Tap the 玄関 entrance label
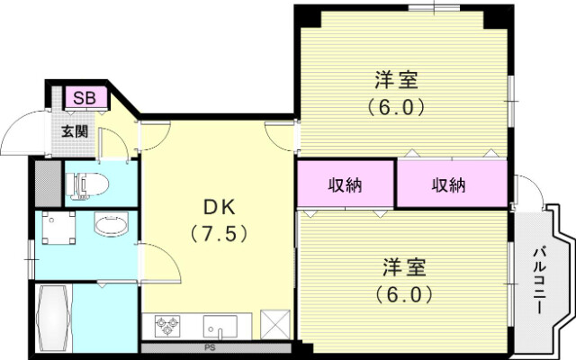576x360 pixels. pos(75,130)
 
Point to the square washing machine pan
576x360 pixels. pos(60,230)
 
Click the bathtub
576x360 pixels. pos(53,317)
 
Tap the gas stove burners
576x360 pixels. pos(169,324)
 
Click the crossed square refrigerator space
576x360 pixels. pos(273,323)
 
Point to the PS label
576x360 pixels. pos(210,346)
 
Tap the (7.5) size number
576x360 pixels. pos(218,234)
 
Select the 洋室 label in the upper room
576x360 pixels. pos(395,79)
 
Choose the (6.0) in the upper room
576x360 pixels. pos(395,105)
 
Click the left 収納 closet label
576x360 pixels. pos(344,185)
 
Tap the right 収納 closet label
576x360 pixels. pos(447,185)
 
